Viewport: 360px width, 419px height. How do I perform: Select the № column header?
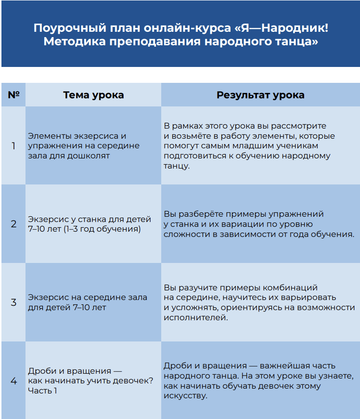pos(13,95)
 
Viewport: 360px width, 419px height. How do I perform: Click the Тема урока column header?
pos(93,95)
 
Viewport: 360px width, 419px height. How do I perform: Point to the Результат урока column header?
pos(260,95)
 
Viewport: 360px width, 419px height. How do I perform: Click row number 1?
pos(13,145)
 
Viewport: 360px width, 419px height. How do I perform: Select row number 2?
pos(13,224)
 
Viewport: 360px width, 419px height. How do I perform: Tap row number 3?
pos(13,302)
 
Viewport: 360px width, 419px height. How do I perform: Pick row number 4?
pos(13,381)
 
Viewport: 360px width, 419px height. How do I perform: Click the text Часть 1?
pos(42,391)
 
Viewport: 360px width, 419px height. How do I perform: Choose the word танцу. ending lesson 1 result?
pos(177,166)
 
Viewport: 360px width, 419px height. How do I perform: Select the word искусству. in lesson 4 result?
pos(185,396)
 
